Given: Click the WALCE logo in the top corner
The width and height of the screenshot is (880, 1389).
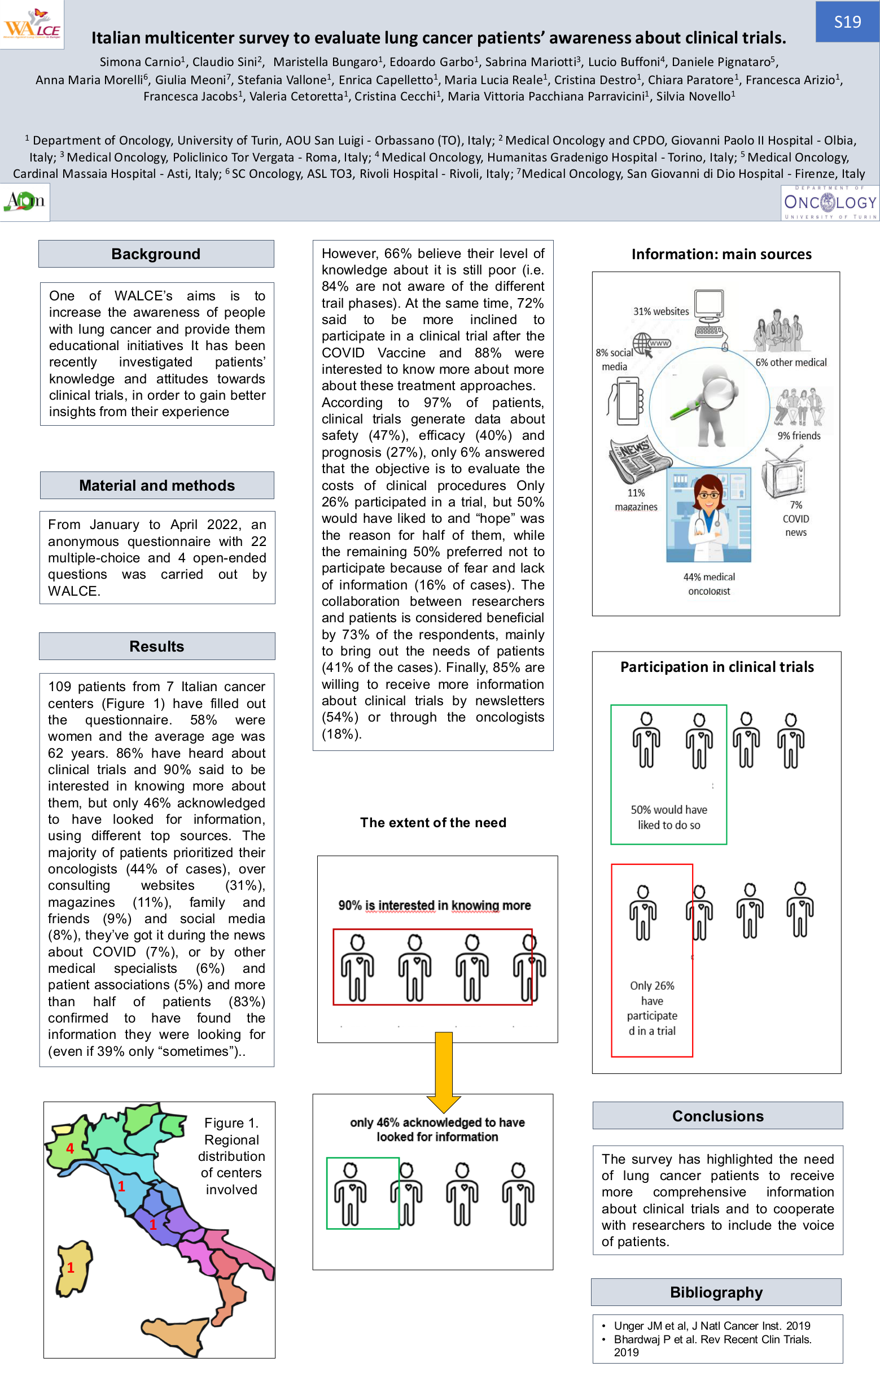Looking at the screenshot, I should click(32, 24).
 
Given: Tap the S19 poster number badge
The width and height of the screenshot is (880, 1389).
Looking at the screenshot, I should click(847, 22).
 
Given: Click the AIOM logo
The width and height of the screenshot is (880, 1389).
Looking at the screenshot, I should click(24, 202).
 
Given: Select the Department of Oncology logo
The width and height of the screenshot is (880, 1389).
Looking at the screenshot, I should click(829, 203).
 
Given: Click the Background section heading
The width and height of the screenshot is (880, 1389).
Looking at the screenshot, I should click(156, 254).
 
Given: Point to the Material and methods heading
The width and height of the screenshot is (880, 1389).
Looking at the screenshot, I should click(156, 485).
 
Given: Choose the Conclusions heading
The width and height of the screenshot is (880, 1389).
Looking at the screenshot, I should click(717, 1116).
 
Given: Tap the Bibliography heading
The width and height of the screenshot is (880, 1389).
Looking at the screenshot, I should click(716, 1292).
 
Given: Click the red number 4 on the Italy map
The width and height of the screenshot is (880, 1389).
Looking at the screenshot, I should click(70, 1148).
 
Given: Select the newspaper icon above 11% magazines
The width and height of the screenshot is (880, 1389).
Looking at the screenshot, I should click(638, 459).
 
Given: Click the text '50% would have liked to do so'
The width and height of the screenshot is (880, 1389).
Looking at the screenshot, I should click(668, 817).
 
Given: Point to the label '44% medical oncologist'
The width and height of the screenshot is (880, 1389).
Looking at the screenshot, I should click(709, 584).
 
